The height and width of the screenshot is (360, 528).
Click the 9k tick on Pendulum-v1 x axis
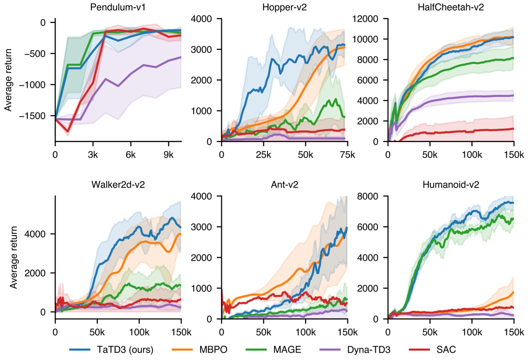(x=169, y=154)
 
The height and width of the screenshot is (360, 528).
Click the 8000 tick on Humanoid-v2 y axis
(x=374, y=196)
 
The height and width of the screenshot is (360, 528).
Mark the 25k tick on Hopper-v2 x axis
(x=263, y=154)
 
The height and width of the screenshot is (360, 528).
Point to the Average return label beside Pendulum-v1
(x=8, y=79)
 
